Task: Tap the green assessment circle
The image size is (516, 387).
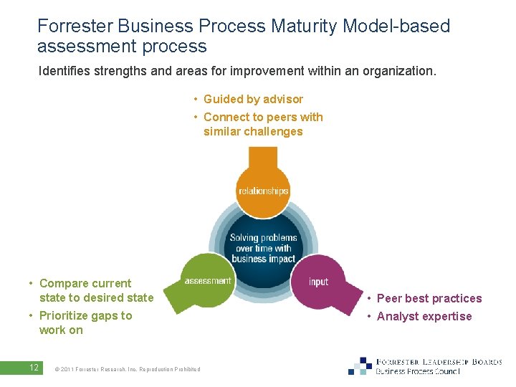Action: pos(207,281)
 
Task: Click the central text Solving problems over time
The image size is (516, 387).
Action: pos(263,248)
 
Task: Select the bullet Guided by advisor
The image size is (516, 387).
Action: pos(252,99)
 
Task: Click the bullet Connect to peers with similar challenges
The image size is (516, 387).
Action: pos(262,124)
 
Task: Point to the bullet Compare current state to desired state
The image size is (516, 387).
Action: pos(95,290)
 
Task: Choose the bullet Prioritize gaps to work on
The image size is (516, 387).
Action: pos(85,322)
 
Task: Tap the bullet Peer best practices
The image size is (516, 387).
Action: pos(429,298)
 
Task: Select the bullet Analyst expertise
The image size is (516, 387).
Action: pos(424,316)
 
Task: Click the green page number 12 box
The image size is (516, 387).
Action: pos(33,368)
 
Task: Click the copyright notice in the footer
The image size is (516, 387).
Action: pos(127,369)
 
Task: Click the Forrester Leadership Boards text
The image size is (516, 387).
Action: pos(439,362)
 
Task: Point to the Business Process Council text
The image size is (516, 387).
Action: pos(418,372)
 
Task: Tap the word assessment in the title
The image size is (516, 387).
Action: pos(81,47)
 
